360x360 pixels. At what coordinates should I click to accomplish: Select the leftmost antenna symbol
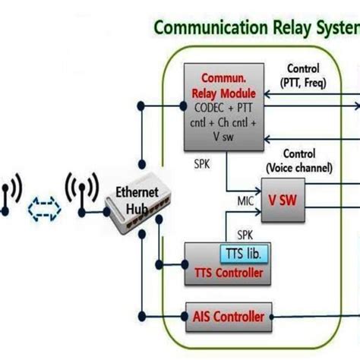point(10,194)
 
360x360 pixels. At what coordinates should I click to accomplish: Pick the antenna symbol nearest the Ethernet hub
point(78,194)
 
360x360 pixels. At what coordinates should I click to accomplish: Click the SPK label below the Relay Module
point(203,163)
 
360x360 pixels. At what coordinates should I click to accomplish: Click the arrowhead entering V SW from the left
point(257,189)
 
